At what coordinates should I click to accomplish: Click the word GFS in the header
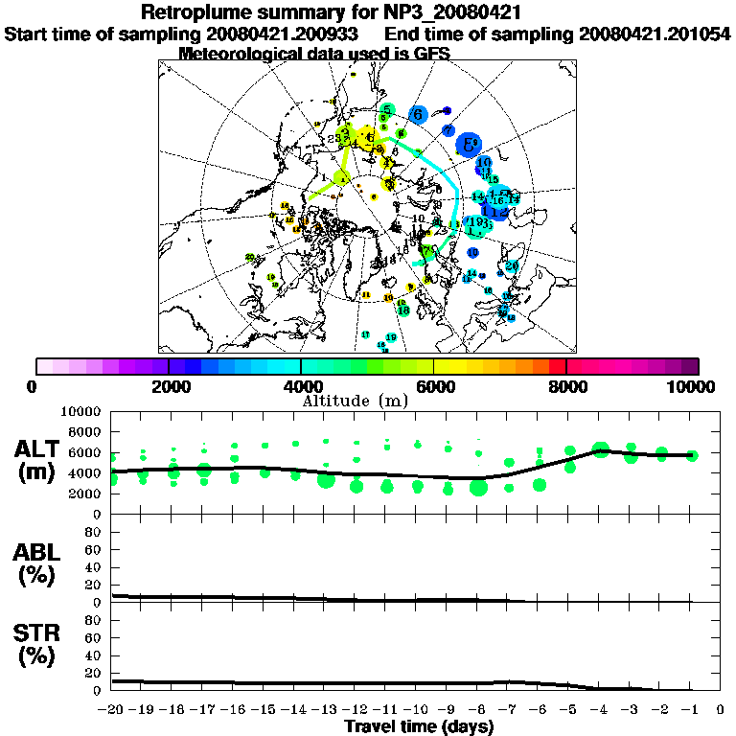coord(431,54)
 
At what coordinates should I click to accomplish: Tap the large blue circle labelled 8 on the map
coord(469,145)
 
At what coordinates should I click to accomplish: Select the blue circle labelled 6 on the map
coord(418,114)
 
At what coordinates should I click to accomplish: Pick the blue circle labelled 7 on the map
coord(448,129)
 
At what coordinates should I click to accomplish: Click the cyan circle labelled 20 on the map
coord(512,266)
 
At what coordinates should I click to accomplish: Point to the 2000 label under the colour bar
coord(169,386)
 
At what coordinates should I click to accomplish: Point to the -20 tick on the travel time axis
coord(112,710)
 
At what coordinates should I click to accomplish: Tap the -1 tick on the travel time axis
coord(690,710)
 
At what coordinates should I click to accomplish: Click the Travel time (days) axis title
coord(418,726)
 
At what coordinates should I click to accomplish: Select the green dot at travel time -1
coord(692,455)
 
